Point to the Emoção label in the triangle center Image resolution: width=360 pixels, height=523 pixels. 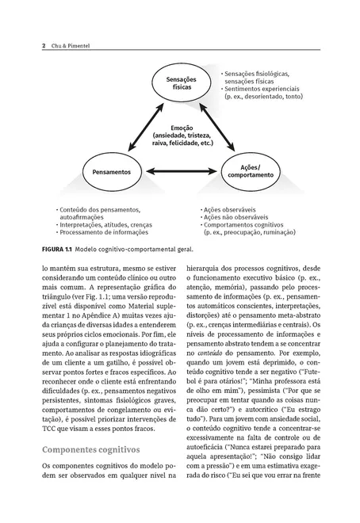[x=183, y=128]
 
